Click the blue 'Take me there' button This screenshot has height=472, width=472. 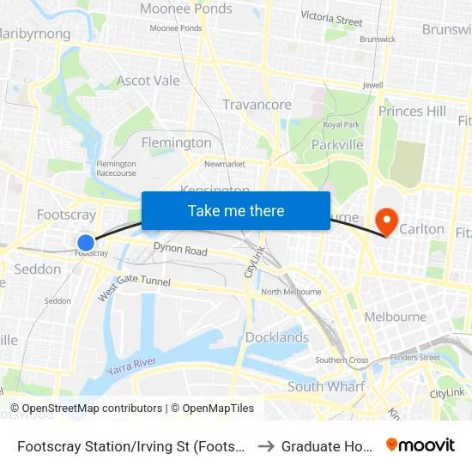pos(236,210)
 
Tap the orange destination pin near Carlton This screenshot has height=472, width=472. pos(386,221)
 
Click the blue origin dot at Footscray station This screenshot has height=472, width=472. pos(86,243)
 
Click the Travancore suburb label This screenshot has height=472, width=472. pos(257,105)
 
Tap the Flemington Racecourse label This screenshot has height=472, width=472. pos(117,167)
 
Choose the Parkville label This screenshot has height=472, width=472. pos(337,144)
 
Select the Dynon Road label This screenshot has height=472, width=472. pos(180,251)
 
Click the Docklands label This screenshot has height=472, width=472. pos(277,337)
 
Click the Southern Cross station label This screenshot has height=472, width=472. pos(342,360)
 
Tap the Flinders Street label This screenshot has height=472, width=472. pos(415,357)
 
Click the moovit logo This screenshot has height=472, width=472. pos(420,445)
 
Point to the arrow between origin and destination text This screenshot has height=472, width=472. pos(265,445)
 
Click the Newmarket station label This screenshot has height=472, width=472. pos(225,163)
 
